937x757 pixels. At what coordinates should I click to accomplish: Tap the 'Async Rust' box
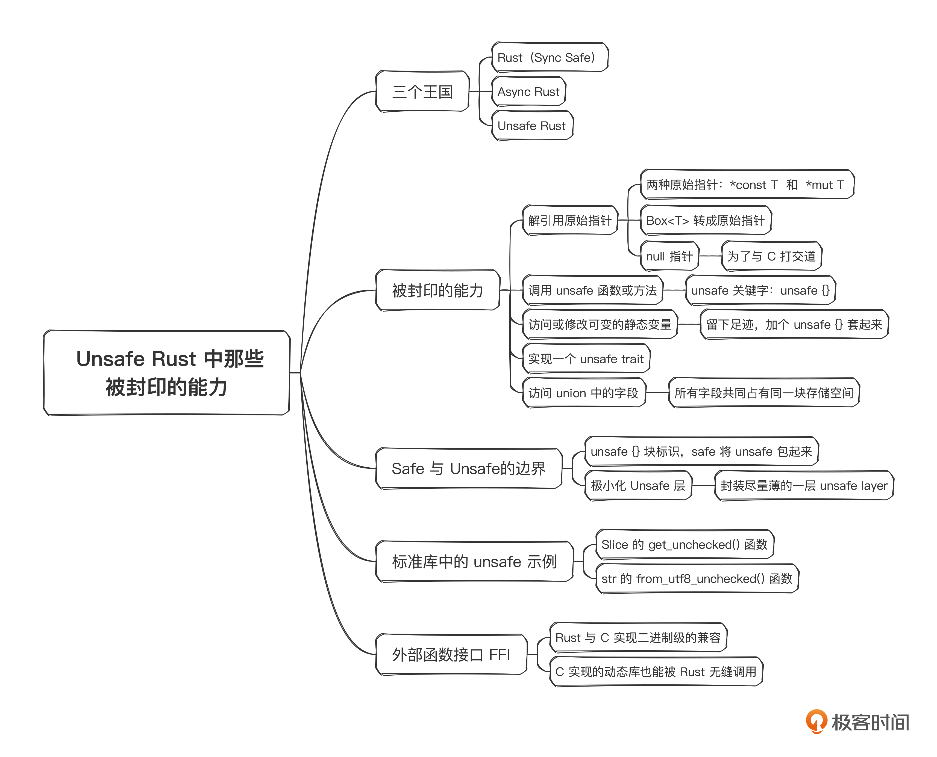tap(528, 91)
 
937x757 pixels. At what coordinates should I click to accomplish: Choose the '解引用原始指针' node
tap(569, 221)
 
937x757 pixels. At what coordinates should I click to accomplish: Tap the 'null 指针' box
tap(669, 256)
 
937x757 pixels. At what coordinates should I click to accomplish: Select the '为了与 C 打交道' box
tap(771, 256)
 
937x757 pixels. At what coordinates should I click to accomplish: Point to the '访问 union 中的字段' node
tap(583, 393)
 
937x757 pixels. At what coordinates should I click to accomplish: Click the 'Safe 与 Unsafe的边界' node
tap(468, 469)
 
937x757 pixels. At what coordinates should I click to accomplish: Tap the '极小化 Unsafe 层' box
tap(638, 486)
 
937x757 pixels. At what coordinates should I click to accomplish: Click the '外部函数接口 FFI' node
tap(451, 655)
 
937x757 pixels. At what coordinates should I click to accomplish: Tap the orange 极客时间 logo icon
tap(816, 722)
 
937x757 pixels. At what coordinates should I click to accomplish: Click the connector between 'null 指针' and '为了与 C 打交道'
tap(710, 256)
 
